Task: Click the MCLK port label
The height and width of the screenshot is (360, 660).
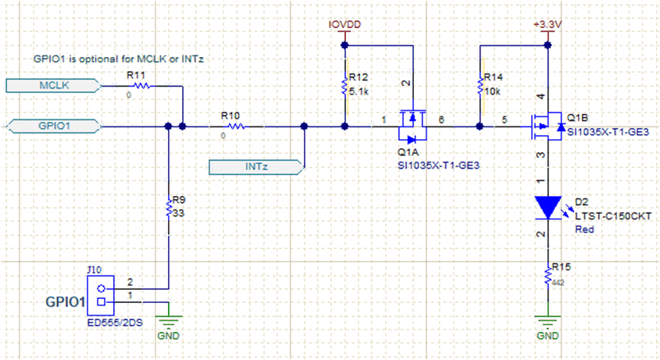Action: coord(51,85)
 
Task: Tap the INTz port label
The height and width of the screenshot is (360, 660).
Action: coord(256,166)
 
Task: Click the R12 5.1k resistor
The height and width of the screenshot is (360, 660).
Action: coord(344,86)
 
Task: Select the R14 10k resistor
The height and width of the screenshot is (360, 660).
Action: coord(478,86)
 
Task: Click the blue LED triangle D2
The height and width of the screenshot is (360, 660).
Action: coord(548,207)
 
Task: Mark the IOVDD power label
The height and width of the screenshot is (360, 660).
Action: coord(344,24)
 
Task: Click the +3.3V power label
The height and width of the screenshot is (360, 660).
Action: coord(548,24)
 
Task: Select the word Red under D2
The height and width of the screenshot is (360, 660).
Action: coord(584,230)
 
